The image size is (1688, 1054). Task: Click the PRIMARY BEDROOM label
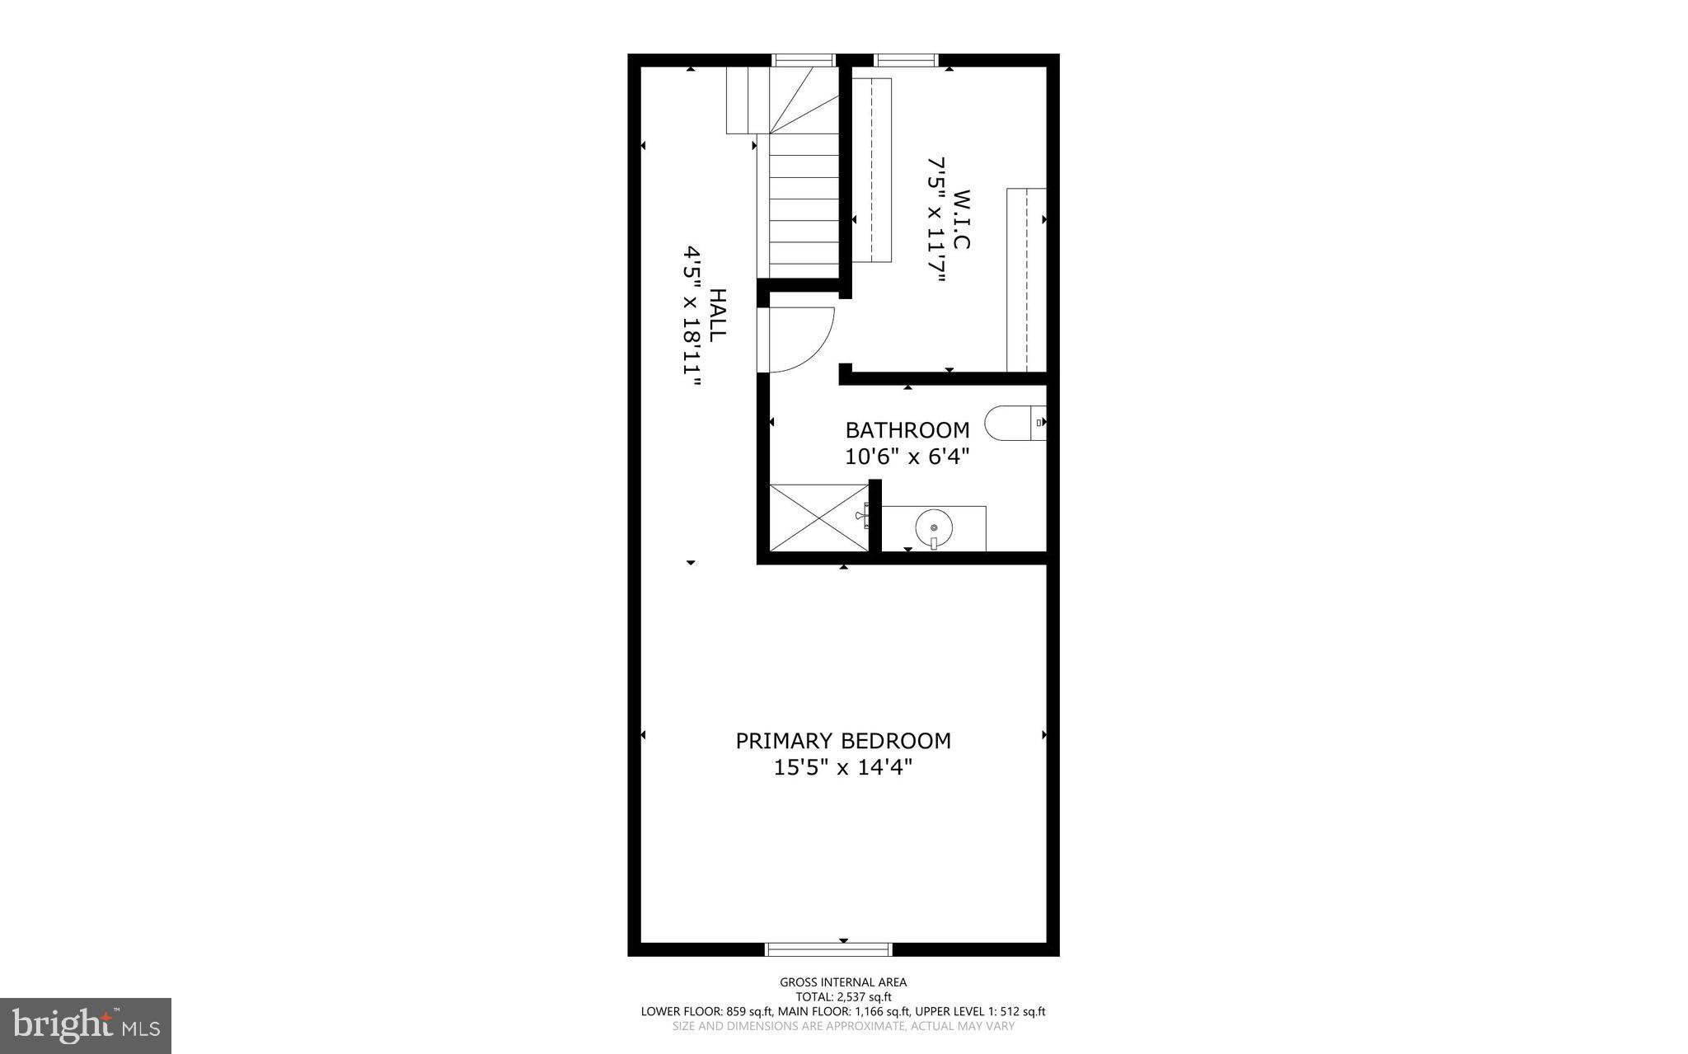click(x=843, y=741)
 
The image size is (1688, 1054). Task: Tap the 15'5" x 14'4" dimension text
click(x=843, y=768)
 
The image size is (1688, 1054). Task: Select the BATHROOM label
click(x=907, y=430)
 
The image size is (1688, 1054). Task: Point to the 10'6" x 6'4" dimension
click(x=907, y=457)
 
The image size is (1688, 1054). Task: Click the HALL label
click(x=718, y=314)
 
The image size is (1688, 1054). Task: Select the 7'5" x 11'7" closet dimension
click(x=935, y=219)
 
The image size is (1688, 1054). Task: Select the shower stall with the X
click(x=819, y=518)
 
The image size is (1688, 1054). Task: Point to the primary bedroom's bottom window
click(x=829, y=949)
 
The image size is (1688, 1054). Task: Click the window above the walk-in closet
click(x=906, y=59)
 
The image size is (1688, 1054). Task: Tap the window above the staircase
click(x=804, y=59)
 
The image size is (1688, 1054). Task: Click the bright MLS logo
click(x=86, y=1025)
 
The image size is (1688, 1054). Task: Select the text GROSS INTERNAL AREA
click(x=843, y=982)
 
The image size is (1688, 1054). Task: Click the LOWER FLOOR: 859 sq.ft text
click(x=706, y=1012)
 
